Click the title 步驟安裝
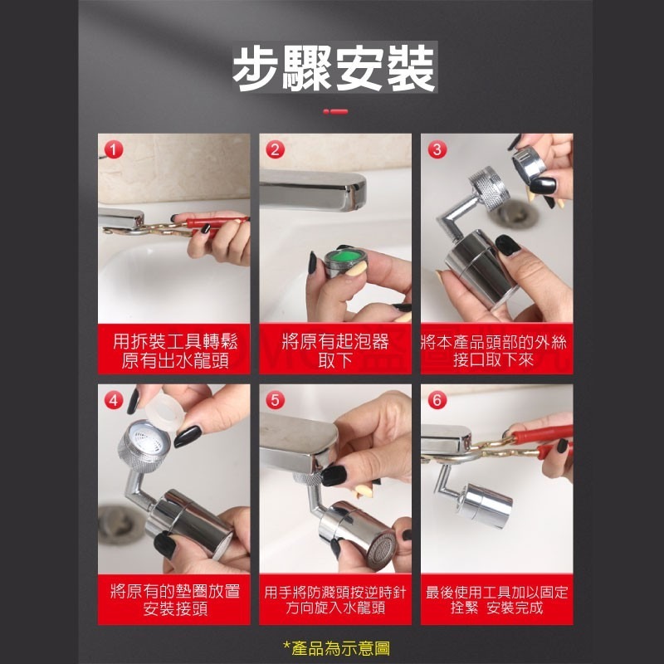[x=334, y=70]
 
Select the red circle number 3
[x=437, y=149]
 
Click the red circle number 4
[x=115, y=400]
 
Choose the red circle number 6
[x=437, y=400]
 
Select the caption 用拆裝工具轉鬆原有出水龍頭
[x=173, y=349]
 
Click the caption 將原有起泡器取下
[x=334, y=349]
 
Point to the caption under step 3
[x=496, y=349]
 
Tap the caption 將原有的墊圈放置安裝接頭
[x=173, y=599]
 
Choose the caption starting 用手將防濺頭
[x=334, y=599]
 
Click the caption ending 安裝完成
[x=496, y=599]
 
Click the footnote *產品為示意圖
[x=335, y=647]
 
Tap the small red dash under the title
[x=335, y=110]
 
